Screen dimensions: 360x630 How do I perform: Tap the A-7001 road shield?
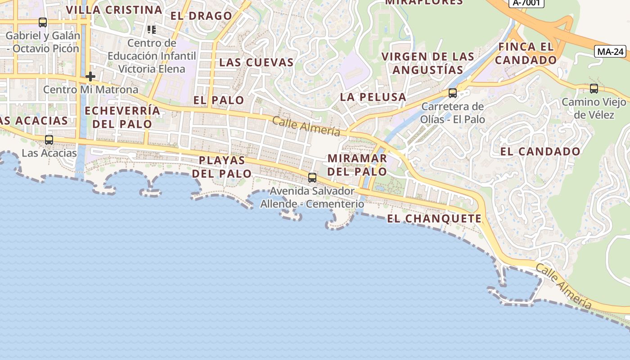click(526, 3)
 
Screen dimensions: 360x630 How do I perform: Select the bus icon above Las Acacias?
click(49, 140)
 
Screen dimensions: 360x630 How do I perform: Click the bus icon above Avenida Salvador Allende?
click(312, 177)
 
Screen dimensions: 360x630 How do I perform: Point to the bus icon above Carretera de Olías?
click(453, 93)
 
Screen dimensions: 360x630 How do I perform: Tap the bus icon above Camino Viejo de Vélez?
click(594, 89)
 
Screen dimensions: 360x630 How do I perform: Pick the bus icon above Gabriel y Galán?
click(43, 22)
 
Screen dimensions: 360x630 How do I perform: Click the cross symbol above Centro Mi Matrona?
click(90, 76)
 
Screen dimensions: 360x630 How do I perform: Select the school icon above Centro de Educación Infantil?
click(152, 30)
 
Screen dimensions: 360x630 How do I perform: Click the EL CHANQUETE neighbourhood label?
click(434, 219)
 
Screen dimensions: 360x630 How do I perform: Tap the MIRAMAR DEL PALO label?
click(357, 165)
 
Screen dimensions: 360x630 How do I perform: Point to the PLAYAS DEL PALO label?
click(222, 166)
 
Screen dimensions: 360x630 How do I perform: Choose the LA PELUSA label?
click(373, 97)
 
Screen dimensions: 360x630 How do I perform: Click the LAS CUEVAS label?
click(256, 63)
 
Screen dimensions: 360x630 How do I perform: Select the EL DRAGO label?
click(201, 16)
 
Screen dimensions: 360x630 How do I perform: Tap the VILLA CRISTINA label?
click(114, 10)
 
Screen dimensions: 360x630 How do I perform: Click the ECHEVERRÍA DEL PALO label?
click(122, 117)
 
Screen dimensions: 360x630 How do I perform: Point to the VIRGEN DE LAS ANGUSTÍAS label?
click(428, 63)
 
